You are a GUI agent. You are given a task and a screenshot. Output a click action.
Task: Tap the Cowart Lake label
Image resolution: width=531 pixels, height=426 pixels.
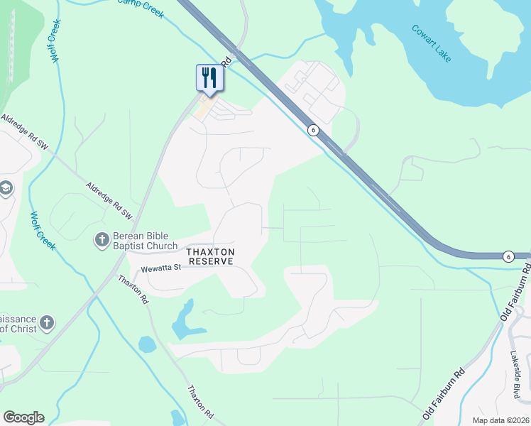pos(431,43)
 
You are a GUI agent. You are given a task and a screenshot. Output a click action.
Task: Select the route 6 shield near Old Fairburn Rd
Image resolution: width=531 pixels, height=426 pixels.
pos(508,256)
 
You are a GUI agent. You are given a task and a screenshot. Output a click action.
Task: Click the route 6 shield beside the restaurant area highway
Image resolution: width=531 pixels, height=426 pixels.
pos(312,130)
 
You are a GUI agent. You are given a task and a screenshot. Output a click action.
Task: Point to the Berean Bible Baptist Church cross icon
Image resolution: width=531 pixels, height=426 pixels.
pos(102,241)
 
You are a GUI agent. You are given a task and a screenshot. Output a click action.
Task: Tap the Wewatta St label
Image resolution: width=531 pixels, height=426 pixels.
pos(162,269)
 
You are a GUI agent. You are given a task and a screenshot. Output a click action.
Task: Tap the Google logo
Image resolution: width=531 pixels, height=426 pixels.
pos(23,417)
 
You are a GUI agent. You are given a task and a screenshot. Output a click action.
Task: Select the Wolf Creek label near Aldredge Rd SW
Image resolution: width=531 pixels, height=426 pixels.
pos(43,230)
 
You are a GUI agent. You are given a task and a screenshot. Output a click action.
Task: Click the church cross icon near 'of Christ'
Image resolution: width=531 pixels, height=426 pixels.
pos(46,323)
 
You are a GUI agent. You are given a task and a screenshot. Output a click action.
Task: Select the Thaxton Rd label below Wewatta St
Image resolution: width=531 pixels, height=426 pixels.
pos(133,290)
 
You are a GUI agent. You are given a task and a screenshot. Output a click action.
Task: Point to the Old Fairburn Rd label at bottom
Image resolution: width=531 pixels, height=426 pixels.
pos(444,392)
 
